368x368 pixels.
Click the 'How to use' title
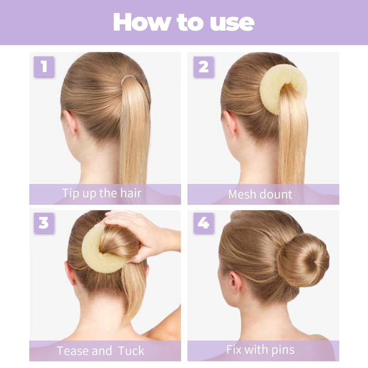point(183,22)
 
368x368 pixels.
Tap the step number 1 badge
point(44,67)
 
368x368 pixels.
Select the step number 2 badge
point(203,67)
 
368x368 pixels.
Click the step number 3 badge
point(44,223)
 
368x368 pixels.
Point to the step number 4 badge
point(203,223)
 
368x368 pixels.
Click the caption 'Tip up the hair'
point(102,193)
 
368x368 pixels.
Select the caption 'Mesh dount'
point(260,194)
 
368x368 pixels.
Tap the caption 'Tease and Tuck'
point(100,351)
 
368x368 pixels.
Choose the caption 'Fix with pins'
point(260,350)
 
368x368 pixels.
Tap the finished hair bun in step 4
point(303,259)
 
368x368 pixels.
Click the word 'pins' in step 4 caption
point(282,350)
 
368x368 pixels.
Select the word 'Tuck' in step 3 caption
point(131,351)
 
